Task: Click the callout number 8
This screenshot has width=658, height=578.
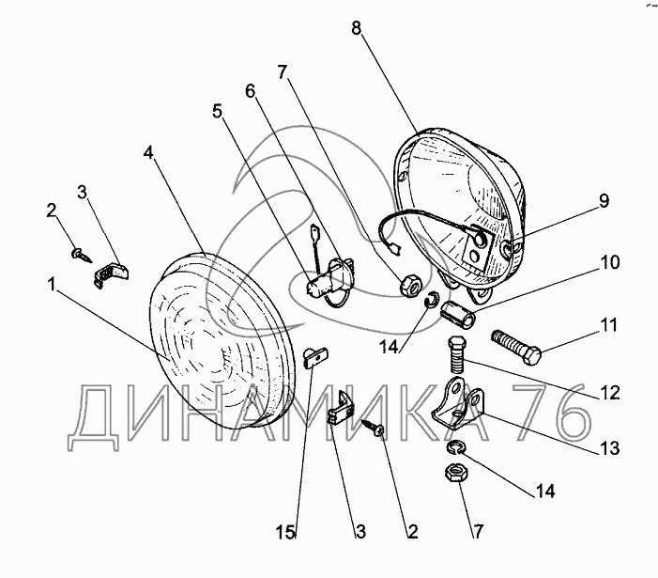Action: coord(357,28)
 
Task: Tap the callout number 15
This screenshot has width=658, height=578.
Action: coord(285,533)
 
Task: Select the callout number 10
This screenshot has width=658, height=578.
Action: coord(610,262)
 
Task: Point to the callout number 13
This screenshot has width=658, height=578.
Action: coord(610,448)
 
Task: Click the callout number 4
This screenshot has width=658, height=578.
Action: coord(148,153)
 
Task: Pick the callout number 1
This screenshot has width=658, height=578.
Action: coord(52,285)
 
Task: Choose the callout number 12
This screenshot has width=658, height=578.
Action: coord(610,393)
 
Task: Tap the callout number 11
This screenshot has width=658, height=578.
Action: coord(608,325)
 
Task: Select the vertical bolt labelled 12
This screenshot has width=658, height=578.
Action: coord(456,355)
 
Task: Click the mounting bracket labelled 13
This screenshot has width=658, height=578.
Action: coord(459,403)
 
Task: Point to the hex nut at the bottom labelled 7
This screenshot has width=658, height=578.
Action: coord(456,474)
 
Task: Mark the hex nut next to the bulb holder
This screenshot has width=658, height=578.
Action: coord(409,287)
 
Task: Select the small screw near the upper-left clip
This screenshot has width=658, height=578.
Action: coord(82,255)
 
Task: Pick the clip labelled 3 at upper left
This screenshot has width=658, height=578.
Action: coord(110,273)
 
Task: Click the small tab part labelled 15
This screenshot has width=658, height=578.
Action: coord(315,357)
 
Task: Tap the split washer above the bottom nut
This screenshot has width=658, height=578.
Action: coord(456,447)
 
